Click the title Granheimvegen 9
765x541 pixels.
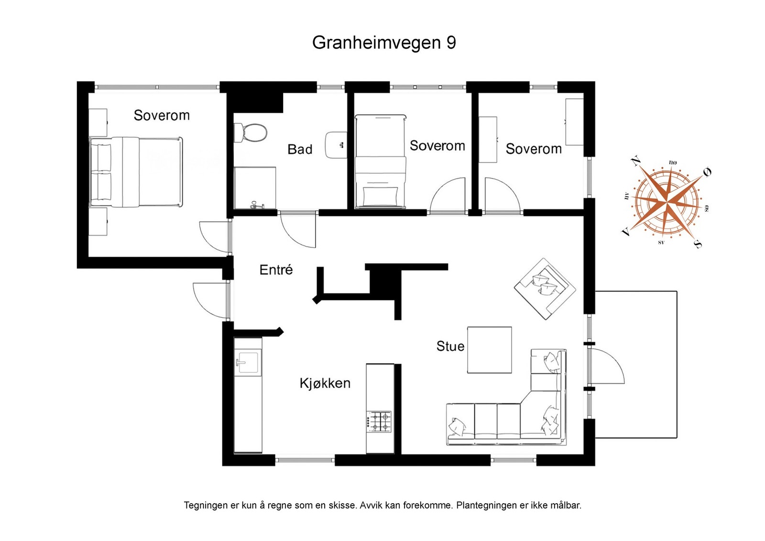(383, 43)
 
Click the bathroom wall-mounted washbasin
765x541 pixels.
(336, 145)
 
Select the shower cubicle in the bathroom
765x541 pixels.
(255, 188)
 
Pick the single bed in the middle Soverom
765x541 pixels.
(381, 161)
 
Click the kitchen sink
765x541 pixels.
(248, 362)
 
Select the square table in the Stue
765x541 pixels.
(489, 350)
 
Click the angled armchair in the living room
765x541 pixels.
(545, 288)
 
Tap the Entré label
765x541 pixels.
(276, 270)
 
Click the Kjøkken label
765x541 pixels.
(325, 383)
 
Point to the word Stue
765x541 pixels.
(450, 346)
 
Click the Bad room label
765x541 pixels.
(300, 150)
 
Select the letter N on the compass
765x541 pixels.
(635, 161)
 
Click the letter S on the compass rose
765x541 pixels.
(698, 244)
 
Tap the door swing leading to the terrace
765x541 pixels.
(608, 366)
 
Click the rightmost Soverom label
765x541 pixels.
(534, 149)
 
